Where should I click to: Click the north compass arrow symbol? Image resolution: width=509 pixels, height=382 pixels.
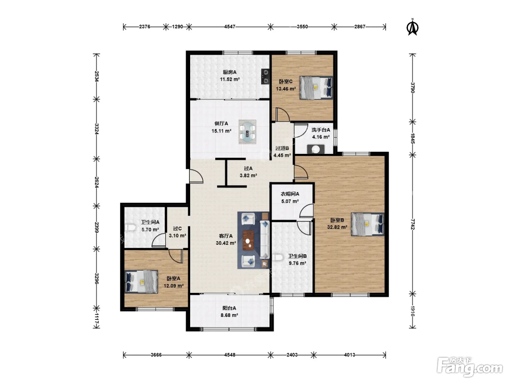[412, 27]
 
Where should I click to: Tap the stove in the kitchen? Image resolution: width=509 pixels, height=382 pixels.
[265, 76]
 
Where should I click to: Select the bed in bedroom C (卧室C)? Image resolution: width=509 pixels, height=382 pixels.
[316, 88]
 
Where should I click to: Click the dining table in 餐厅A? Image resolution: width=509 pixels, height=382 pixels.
[248, 132]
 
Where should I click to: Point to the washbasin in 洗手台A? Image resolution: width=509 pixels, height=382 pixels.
[316, 149]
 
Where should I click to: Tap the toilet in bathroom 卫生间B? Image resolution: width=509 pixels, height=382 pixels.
[277, 258]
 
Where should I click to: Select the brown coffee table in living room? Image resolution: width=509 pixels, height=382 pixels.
[248, 240]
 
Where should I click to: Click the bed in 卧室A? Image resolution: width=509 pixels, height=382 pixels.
[141, 282]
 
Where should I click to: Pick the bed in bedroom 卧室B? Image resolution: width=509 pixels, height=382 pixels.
[368, 224]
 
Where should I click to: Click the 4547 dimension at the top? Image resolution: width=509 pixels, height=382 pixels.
[229, 27]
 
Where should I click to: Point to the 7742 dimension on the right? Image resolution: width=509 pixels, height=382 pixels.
[412, 224]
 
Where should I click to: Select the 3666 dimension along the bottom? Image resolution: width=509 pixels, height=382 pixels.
[156, 355]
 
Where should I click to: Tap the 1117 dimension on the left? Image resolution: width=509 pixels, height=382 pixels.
[97, 319]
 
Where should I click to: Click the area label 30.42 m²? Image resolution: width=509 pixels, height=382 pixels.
[226, 243]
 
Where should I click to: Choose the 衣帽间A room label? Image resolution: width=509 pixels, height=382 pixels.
[290, 194]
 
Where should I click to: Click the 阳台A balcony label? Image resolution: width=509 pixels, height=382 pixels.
[229, 308]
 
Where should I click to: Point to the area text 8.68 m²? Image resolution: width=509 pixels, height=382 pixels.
[229, 315]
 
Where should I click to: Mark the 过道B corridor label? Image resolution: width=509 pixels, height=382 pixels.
[282, 148]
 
